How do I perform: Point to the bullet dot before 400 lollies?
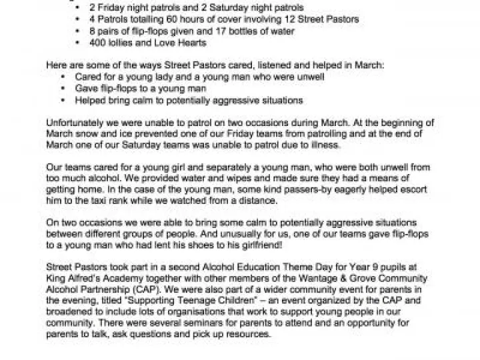click(x=81, y=43)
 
